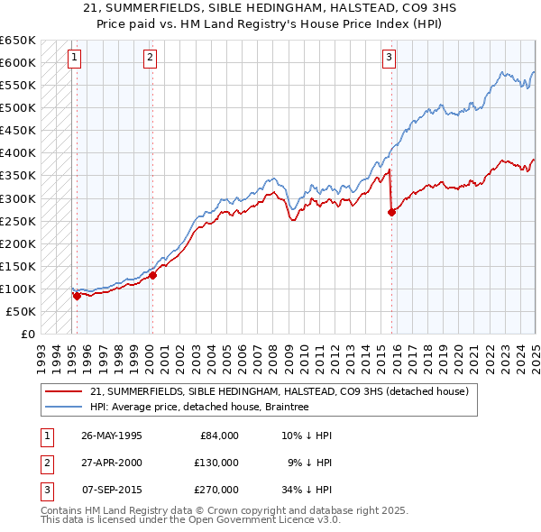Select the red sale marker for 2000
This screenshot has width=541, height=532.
point(153,275)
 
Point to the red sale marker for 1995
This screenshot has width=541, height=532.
point(78,296)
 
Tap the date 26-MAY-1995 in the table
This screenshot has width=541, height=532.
point(112,435)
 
